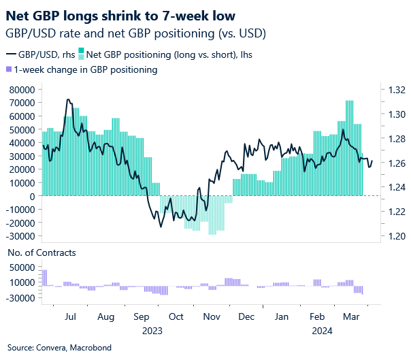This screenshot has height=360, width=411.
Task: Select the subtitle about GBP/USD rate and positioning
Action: pyautogui.click(x=135, y=33)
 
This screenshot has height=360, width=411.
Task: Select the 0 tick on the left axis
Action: pyautogui.click(x=31, y=196)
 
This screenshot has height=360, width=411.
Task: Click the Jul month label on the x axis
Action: pyautogui.click(x=69, y=316)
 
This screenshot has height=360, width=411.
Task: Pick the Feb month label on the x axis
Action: pyautogui.click(x=316, y=316)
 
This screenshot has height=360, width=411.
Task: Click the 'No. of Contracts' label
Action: pyautogui.click(x=42, y=252)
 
